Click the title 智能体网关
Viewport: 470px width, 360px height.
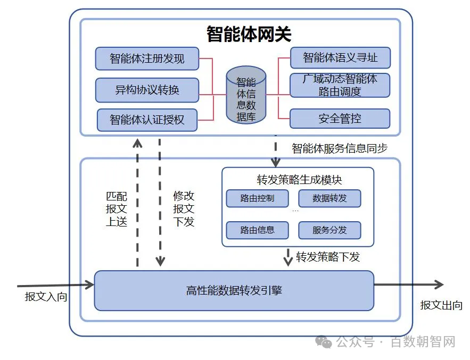tap(249, 34)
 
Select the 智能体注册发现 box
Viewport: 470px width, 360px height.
tap(147, 58)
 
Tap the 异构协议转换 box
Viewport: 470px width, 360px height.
tap(147, 90)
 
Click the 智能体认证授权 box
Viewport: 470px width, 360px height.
tap(147, 120)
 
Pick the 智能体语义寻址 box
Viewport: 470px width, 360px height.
tap(340, 57)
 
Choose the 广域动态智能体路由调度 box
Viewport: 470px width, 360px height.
tap(340, 86)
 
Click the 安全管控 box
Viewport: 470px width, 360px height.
tap(340, 119)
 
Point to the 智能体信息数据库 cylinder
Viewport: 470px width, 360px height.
tap(246, 95)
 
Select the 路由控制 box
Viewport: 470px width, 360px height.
tap(257, 198)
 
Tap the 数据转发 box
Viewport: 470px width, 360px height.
tap(329, 198)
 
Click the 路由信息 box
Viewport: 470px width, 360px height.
tap(257, 230)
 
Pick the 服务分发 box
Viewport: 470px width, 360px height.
tap(329, 230)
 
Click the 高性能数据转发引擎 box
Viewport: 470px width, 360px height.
tap(234, 290)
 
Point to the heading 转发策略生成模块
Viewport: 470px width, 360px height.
tap(299, 180)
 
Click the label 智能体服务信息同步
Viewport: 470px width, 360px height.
tap(340, 148)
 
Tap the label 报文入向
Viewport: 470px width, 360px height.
tap(46, 297)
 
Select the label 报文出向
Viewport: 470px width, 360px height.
tap(441, 305)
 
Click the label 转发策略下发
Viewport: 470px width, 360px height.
tap(328, 257)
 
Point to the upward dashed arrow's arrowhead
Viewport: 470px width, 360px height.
tap(137, 144)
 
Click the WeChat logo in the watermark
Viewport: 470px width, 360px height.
tap(324, 342)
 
